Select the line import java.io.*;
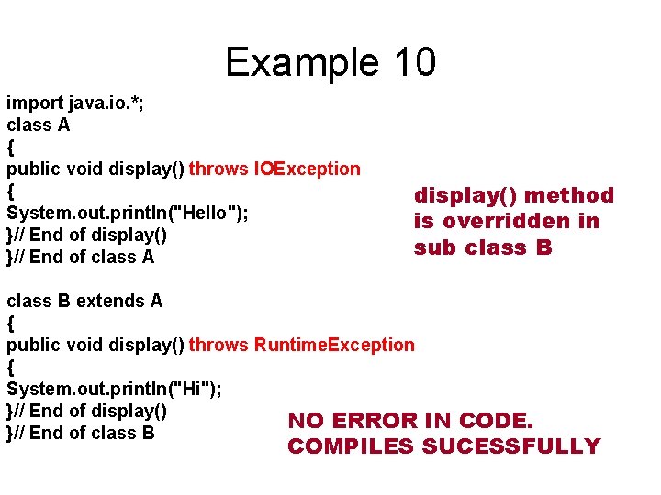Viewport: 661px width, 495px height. [74, 103]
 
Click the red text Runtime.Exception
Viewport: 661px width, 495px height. [334, 345]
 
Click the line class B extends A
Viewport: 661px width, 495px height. [84, 301]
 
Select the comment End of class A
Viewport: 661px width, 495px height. [92, 257]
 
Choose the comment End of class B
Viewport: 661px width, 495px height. [92, 433]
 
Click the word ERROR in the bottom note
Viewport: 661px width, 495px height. [376, 421]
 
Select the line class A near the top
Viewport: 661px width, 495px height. [39, 125]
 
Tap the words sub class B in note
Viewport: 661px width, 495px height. [483, 247]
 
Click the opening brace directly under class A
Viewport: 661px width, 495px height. [11, 147]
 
